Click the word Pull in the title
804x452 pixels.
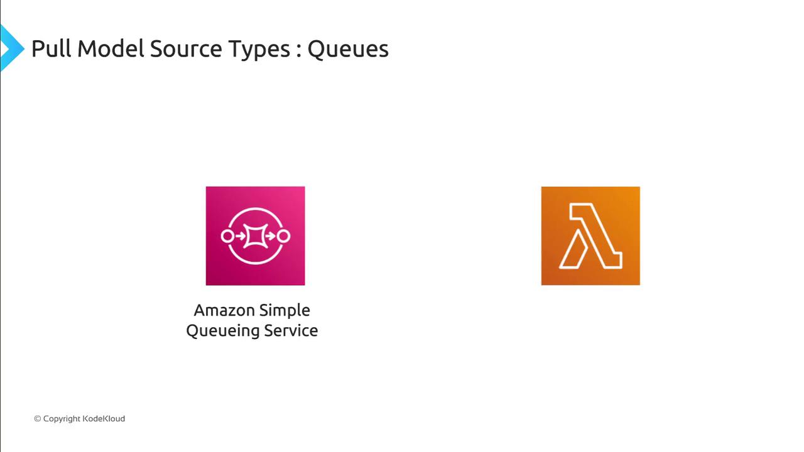51,48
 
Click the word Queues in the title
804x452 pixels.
348,49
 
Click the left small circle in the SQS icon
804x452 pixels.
227,236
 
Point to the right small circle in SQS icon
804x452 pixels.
283,236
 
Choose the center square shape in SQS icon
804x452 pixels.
255,236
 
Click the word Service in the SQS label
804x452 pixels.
291,330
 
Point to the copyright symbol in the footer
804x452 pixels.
37,419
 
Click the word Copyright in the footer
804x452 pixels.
62,419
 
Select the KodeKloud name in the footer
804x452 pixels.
104,419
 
